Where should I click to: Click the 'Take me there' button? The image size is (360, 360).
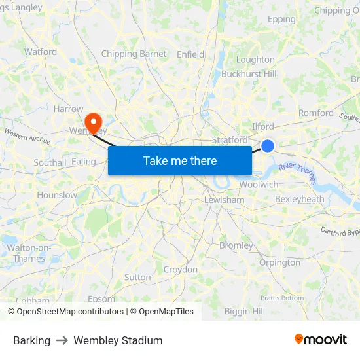180,160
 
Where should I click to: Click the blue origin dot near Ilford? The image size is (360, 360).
268,145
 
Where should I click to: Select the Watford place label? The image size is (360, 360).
41,52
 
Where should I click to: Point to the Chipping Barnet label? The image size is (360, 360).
134,54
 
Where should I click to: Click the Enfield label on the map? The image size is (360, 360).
190,54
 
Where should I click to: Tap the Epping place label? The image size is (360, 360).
281,19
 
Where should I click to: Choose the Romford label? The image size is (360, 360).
316,113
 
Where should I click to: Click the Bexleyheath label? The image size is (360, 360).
300,199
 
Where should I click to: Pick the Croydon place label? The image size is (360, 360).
180,269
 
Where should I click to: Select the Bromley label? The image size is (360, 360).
236,245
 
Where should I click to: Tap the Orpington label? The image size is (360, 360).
279,262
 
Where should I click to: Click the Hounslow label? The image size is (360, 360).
57,195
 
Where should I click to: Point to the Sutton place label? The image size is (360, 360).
137,277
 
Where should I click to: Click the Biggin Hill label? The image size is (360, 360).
245,311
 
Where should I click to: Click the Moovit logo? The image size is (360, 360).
321,340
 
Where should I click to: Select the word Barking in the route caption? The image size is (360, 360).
31,340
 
